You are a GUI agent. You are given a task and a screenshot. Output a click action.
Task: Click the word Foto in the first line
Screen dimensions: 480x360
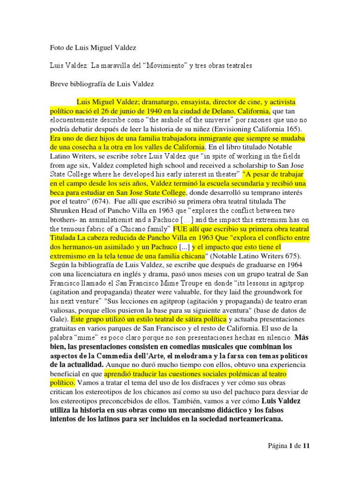coord(57,48)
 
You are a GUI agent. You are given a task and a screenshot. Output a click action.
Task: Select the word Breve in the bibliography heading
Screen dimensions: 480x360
coord(60,84)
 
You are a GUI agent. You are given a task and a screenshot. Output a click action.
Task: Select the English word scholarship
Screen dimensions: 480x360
coord(246,165)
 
